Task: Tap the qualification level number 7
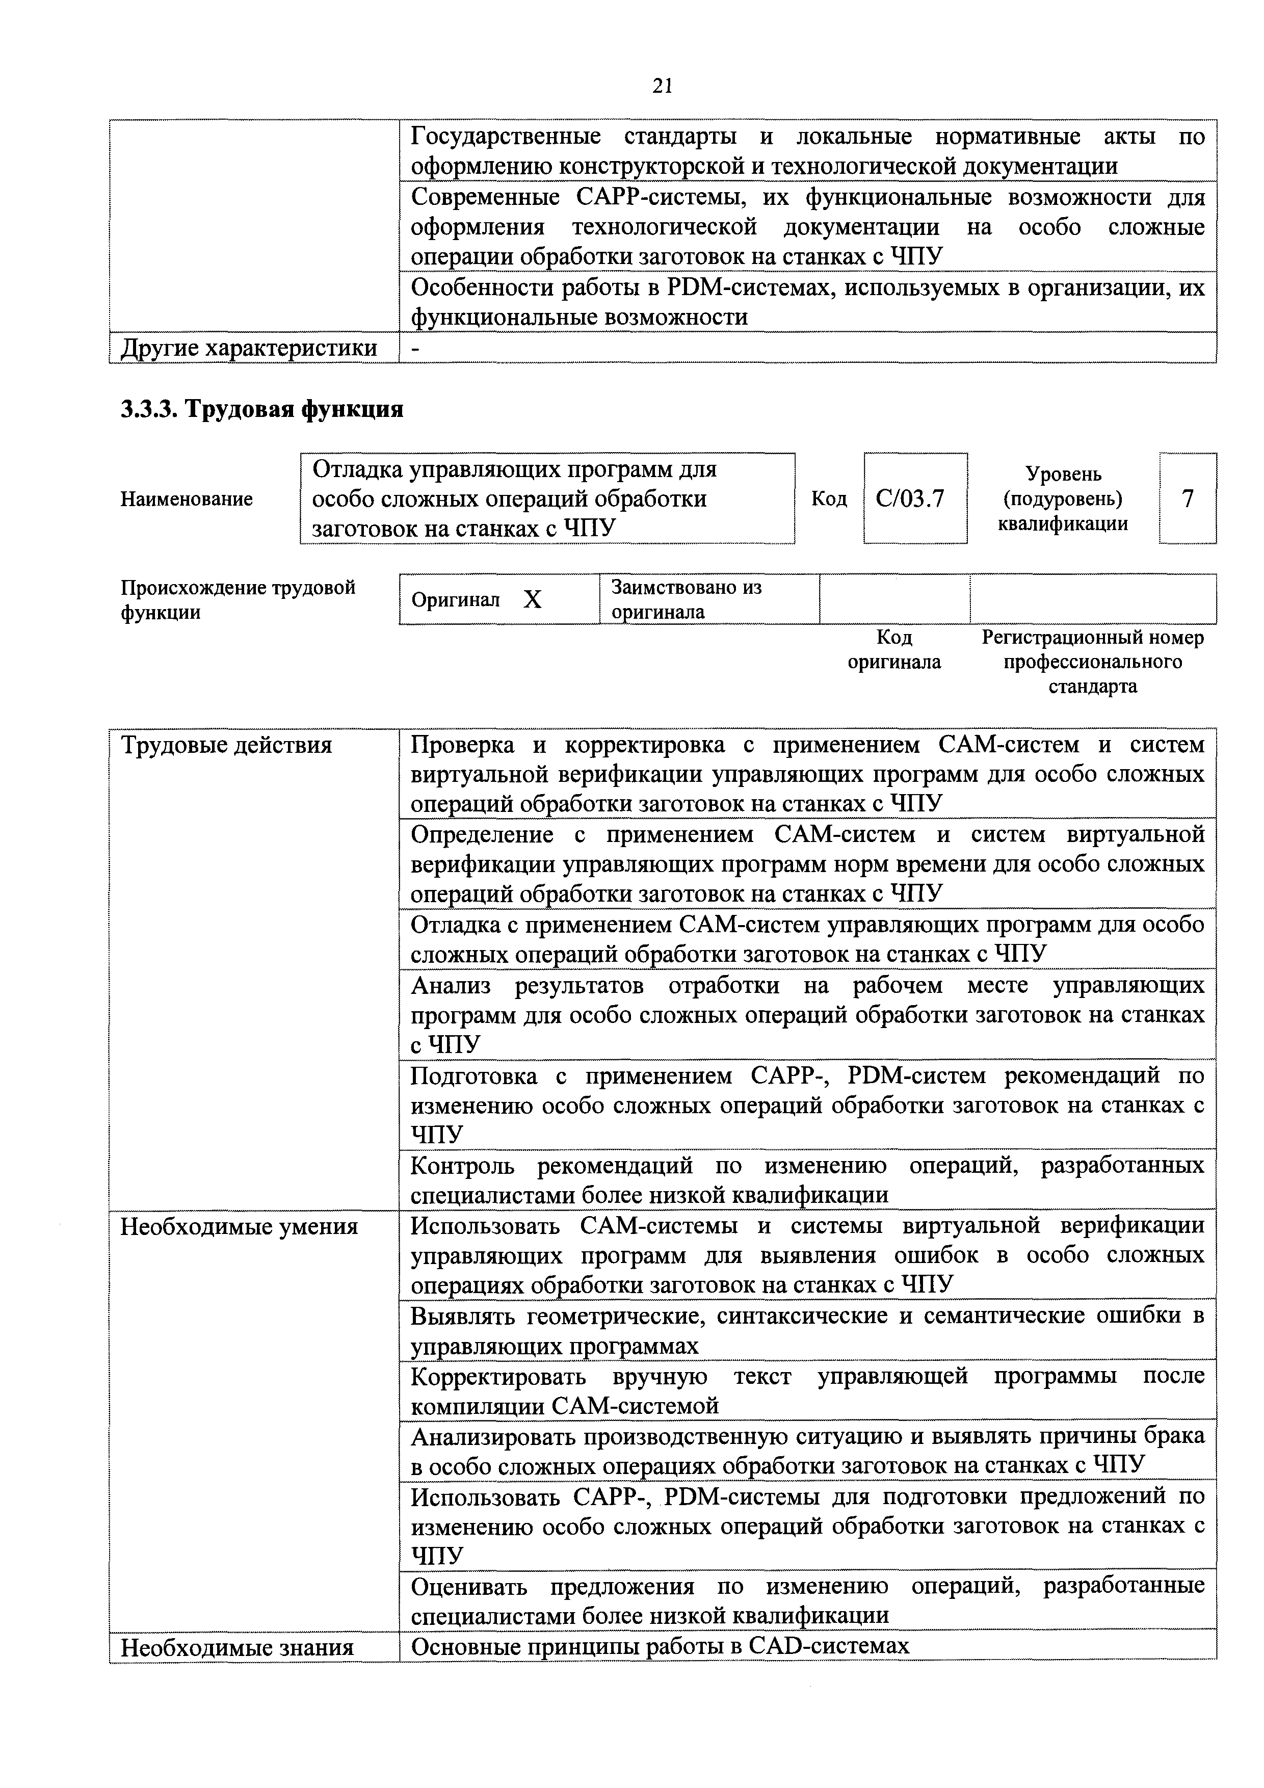coord(1188,497)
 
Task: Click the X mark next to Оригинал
coord(532,599)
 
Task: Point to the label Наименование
coord(187,498)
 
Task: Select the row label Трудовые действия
coord(227,745)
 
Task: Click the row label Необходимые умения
coord(239,1226)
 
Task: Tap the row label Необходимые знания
coord(237,1647)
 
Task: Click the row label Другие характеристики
coord(248,347)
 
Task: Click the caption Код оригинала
coord(894,649)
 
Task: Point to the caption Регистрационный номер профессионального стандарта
coord(1093,662)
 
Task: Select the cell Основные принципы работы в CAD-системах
coord(660,1645)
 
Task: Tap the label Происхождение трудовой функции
coord(238,599)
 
